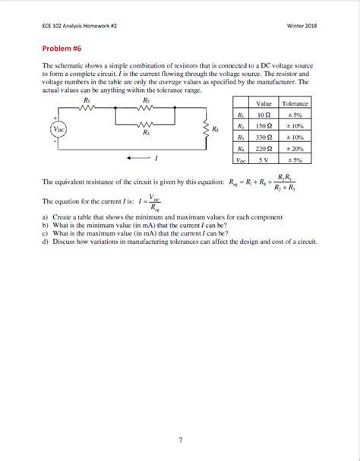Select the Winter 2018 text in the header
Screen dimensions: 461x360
point(302,25)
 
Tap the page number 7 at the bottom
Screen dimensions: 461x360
point(180,439)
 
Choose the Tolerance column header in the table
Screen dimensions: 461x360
point(295,103)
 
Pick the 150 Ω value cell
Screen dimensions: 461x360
point(264,125)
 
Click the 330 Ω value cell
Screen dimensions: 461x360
point(264,137)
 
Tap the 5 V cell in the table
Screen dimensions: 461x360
point(264,159)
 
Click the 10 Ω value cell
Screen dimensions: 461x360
point(264,115)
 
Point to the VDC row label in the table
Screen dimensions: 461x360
point(240,159)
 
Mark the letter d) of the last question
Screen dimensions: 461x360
point(46,242)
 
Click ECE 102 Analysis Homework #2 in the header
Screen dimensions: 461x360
point(79,25)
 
